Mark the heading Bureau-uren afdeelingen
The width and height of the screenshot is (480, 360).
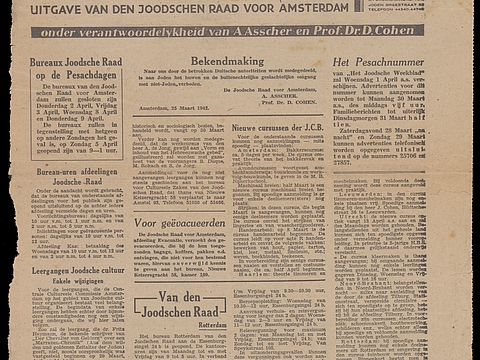[x=76, y=172]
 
